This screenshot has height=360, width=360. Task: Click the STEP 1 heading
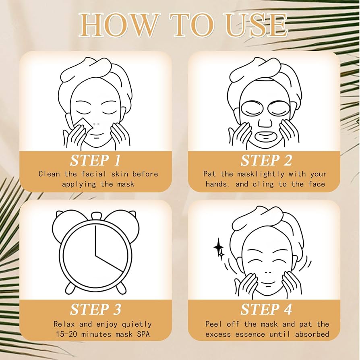pyautogui.click(x=95, y=160)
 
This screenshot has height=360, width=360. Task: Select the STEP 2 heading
pyautogui.click(x=266, y=160)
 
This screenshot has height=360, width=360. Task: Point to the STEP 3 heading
pyautogui.click(x=95, y=309)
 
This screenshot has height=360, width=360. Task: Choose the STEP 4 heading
pyautogui.click(x=266, y=309)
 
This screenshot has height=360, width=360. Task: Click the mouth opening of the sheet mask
pyautogui.click(x=266, y=137)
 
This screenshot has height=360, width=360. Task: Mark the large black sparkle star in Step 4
pyautogui.click(x=218, y=247)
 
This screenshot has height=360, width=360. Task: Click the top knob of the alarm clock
pyautogui.click(x=95, y=216)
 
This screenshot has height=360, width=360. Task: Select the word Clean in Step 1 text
pyautogui.click(x=49, y=174)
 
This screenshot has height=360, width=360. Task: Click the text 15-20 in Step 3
pyautogui.click(x=66, y=334)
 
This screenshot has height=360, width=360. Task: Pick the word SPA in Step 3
pyautogui.click(x=143, y=334)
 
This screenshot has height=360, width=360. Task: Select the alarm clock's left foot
pyautogui.click(x=70, y=288)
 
